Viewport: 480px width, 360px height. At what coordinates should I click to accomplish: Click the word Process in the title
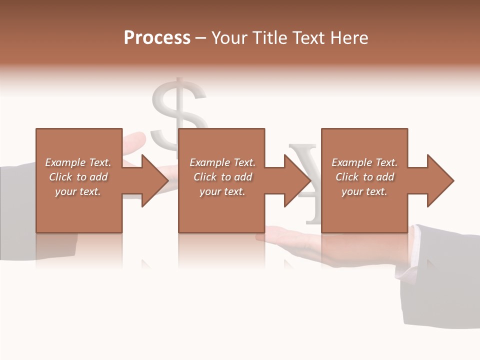tap(157, 38)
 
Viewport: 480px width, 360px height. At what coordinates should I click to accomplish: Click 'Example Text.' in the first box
tap(78, 162)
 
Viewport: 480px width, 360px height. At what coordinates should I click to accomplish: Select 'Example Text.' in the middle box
tap(222, 162)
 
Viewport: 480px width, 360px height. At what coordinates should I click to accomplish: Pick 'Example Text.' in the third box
tap(364, 162)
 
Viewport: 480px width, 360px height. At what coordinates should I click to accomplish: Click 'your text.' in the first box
tap(78, 191)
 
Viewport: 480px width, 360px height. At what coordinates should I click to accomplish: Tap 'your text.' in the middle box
tap(222, 191)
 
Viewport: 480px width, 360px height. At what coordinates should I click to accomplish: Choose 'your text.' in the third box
tap(364, 191)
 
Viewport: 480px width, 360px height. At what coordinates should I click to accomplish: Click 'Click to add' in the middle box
tap(222, 177)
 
